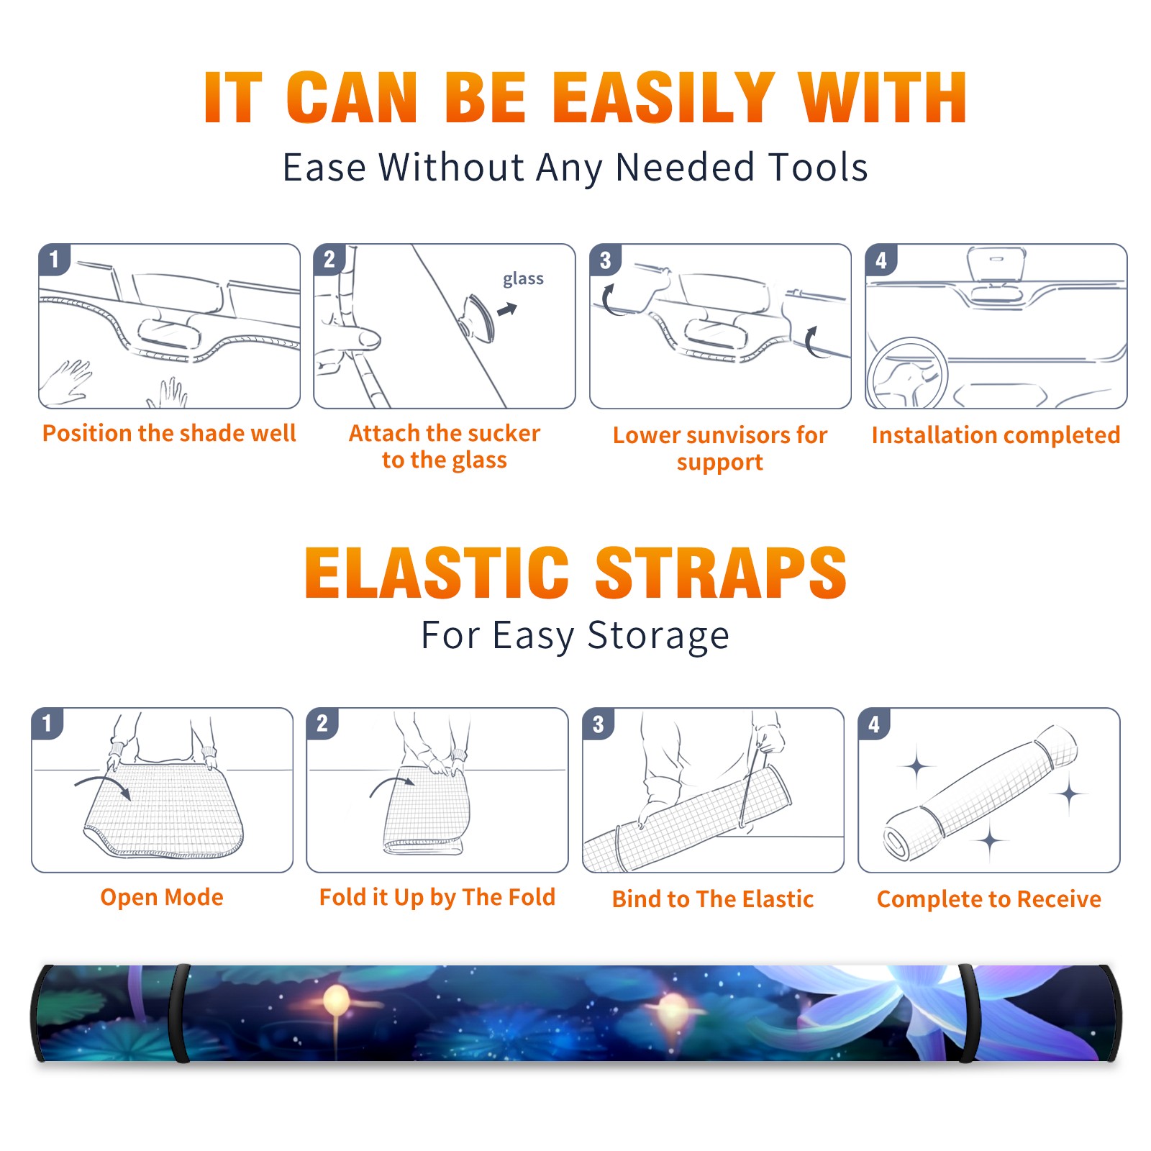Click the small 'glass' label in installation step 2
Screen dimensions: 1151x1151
(x=523, y=279)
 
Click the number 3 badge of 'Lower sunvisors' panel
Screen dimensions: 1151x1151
(x=605, y=260)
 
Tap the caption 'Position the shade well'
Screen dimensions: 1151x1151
(x=169, y=433)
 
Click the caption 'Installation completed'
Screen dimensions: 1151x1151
(x=996, y=435)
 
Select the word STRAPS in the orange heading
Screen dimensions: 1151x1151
(x=721, y=573)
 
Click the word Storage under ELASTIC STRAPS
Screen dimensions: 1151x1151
(x=658, y=636)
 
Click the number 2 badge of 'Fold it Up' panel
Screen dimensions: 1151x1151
(x=322, y=723)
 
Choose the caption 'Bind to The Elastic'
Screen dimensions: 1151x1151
(x=713, y=899)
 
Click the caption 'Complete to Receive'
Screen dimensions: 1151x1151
(x=989, y=899)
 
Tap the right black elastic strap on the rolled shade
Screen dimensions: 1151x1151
(x=966, y=1013)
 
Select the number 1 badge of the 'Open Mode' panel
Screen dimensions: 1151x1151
(x=47, y=723)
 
